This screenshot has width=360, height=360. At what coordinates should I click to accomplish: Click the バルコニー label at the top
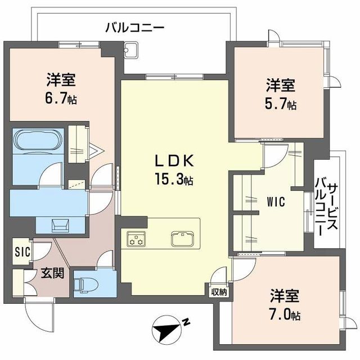click(x=134, y=26)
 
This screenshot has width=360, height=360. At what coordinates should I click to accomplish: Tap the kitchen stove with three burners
click(x=136, y=238)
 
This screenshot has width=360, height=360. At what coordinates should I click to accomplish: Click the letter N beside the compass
click(x=186, y=322)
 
